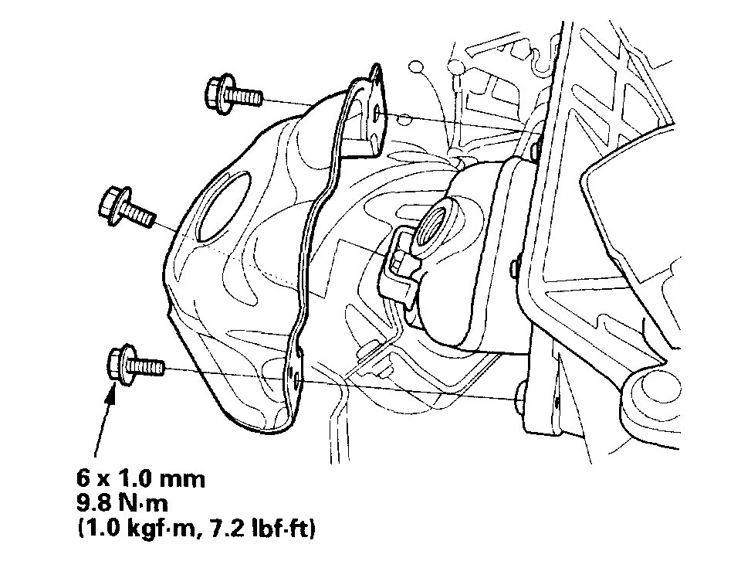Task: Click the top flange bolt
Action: [232, 94]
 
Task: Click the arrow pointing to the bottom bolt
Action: [104, 420]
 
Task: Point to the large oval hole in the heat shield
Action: [224, 207]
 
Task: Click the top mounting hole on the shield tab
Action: [377, 114]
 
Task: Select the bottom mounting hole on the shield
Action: [296, 378]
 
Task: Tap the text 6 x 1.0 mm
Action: [140, 479]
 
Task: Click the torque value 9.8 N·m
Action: [123, 504]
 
